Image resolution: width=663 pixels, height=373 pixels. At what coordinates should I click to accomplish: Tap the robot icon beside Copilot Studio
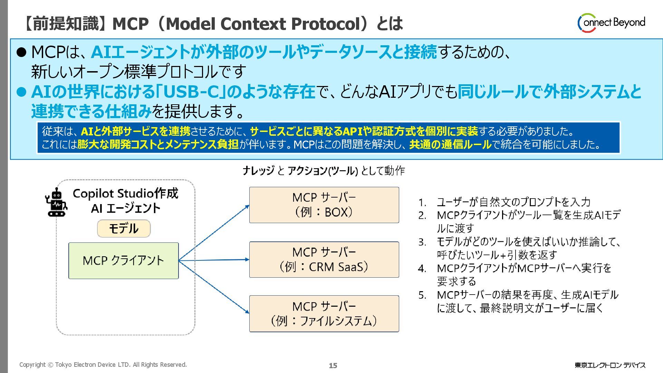(56, 203)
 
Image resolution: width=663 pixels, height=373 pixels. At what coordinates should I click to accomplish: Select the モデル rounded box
(124, 229)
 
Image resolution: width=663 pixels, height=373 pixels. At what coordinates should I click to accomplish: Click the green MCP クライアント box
(124, 261)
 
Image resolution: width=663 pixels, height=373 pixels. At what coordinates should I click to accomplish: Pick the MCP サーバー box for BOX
(324, 205)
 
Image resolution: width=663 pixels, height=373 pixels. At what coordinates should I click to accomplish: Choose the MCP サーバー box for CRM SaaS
(324, 260)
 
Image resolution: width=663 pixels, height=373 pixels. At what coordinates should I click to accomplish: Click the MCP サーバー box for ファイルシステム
(324, 314)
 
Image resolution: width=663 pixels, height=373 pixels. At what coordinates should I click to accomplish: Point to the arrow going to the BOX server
(214, 233)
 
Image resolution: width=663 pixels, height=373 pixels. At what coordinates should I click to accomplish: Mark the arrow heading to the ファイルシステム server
(214, 287)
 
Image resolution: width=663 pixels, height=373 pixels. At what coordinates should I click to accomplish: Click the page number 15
(333, 365)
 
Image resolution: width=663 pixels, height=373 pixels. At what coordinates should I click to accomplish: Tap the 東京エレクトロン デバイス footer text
(610, 365)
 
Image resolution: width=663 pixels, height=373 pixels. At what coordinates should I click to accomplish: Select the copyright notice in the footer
(103, 365)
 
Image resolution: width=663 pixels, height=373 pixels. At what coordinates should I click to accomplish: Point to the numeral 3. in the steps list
(422, 242)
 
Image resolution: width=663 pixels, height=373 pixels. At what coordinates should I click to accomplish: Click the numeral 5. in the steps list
(422, 295)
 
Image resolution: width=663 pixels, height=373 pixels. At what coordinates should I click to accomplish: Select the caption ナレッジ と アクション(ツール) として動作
(324, 171)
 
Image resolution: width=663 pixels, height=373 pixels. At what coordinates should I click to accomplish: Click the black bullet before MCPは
(21, 52)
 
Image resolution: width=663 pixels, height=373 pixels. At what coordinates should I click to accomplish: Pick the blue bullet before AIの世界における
(21, 92)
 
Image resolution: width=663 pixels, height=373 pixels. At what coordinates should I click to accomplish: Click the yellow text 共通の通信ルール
(450, 144)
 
